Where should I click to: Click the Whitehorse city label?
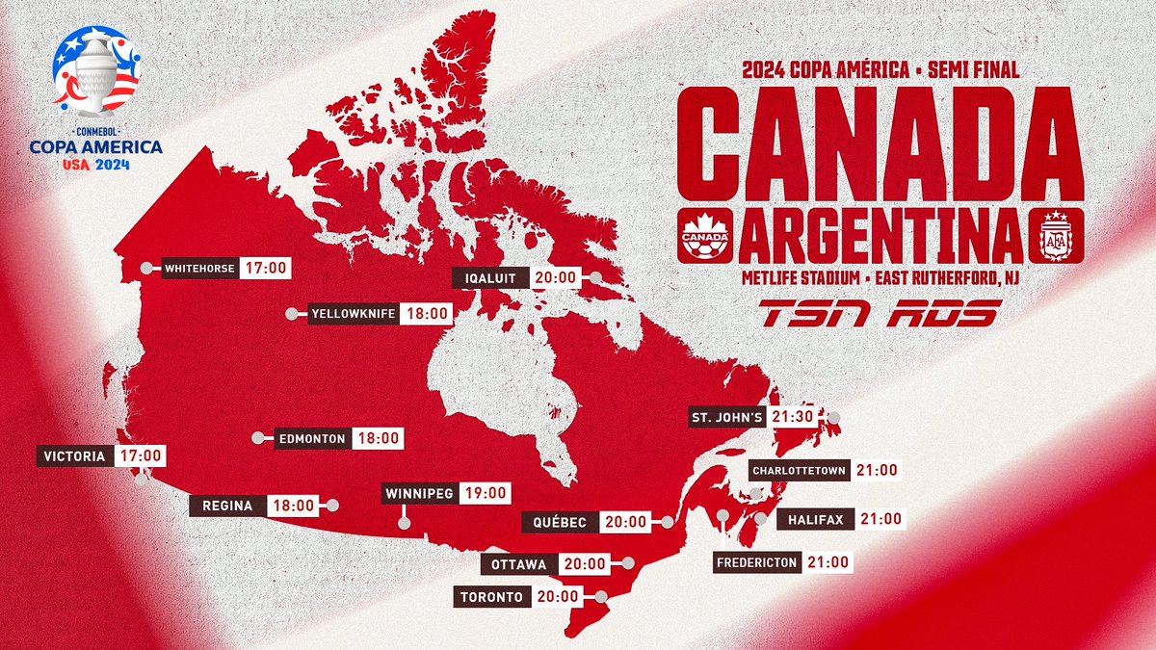click(199, 269)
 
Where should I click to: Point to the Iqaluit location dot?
click(596, 278)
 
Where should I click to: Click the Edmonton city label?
click(311, 438)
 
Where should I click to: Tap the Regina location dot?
click(333, 505)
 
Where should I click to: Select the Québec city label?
click(560, 522)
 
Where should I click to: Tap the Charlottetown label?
click(800, 471)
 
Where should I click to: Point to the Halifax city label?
click(815, 520)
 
